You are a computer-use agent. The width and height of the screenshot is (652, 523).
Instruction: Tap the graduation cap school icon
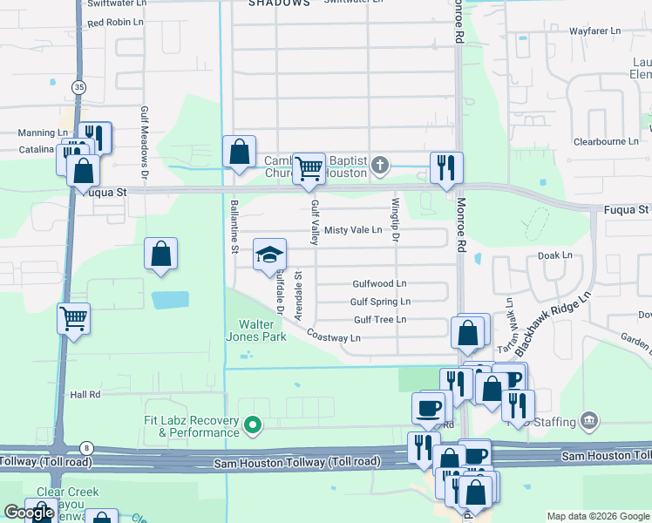(x=269, y=255)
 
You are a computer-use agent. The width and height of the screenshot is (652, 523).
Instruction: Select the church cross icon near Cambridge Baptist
(x=379, y=165)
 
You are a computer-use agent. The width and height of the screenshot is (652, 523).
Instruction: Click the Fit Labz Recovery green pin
(x=253, y=425)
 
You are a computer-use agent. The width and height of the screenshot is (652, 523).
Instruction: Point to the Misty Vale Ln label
(x=353, y=230)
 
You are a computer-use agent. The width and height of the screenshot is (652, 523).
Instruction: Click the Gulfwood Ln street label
(x=379, y=284)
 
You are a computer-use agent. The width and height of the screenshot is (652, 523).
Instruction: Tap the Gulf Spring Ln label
(x=380, y=302)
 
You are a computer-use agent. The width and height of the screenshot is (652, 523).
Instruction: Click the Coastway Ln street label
(x=333, y=337)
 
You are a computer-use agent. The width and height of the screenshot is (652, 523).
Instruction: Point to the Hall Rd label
(x=85, y=395)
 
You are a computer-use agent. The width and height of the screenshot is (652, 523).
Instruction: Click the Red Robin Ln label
(x=115, y=22)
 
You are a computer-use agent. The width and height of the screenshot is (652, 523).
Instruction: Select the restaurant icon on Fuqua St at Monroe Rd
(x=446, y=166)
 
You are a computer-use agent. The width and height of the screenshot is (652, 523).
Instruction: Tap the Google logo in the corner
(x=29, y=513)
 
